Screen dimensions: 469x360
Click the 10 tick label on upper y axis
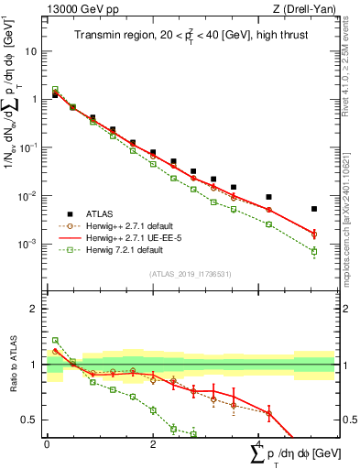[x=31, y=51]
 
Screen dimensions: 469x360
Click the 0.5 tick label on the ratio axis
[x=32, y=420]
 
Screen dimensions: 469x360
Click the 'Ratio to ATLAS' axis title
[x=12, y=363]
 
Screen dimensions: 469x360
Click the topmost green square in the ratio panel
[x=55, y=340]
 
